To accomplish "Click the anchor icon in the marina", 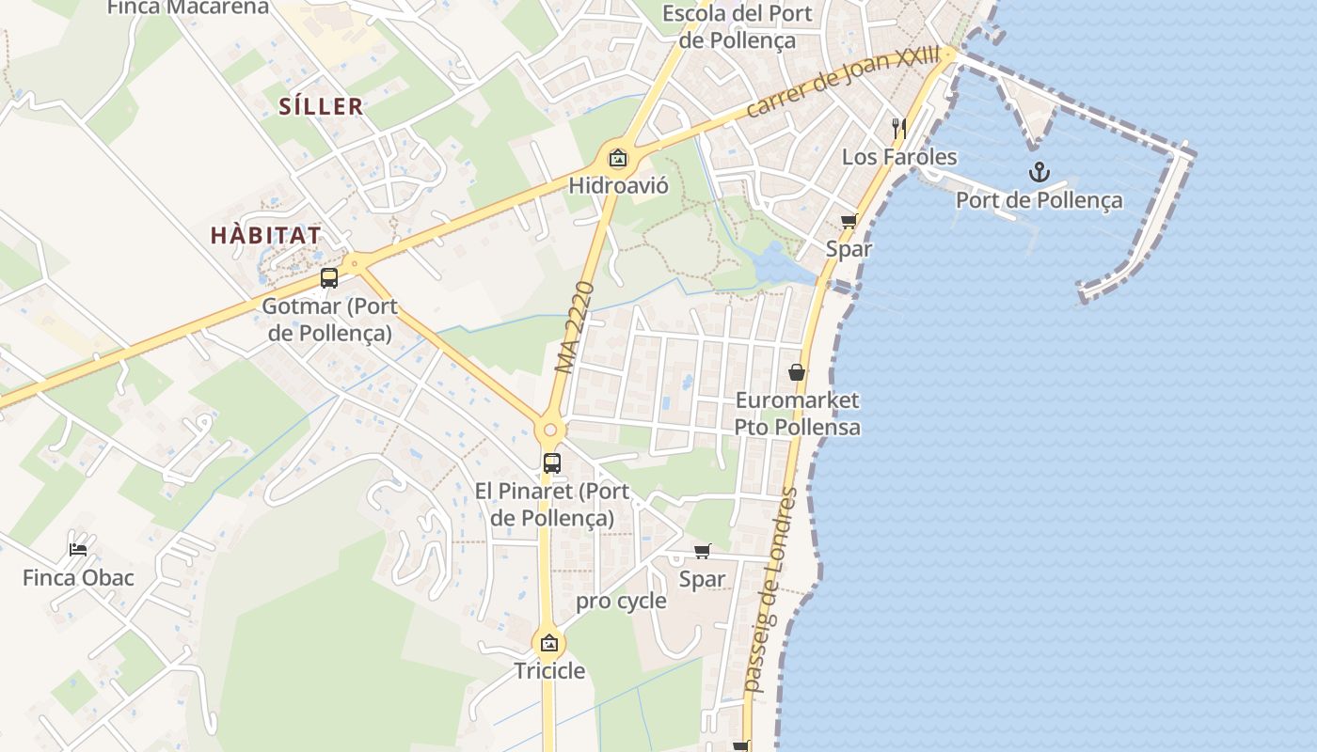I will [x=1039, y=172].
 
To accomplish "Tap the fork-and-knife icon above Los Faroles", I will [x=899, y=128].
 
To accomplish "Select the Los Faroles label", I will [x=899, y=157].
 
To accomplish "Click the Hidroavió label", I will [x=618, y=185].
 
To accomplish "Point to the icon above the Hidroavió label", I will [x=618, y=158].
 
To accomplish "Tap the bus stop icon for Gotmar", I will [x=328, y=278].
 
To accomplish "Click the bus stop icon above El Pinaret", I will [x=551, y=462].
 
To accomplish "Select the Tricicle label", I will [x=549, y=671].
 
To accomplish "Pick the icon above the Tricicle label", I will [x=549, y=644].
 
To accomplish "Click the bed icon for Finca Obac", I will [x=78, y=549].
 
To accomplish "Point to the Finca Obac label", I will [x=78, y=577].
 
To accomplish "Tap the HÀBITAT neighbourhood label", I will [x=266, y=235].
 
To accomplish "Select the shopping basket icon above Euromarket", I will [x=797, y=372].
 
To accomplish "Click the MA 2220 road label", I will [x=576, y=326].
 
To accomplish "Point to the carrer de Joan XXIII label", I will [x=842, y=83].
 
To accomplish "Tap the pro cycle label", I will [x=621, y=601].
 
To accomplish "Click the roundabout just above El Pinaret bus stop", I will [x=550, y=431].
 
